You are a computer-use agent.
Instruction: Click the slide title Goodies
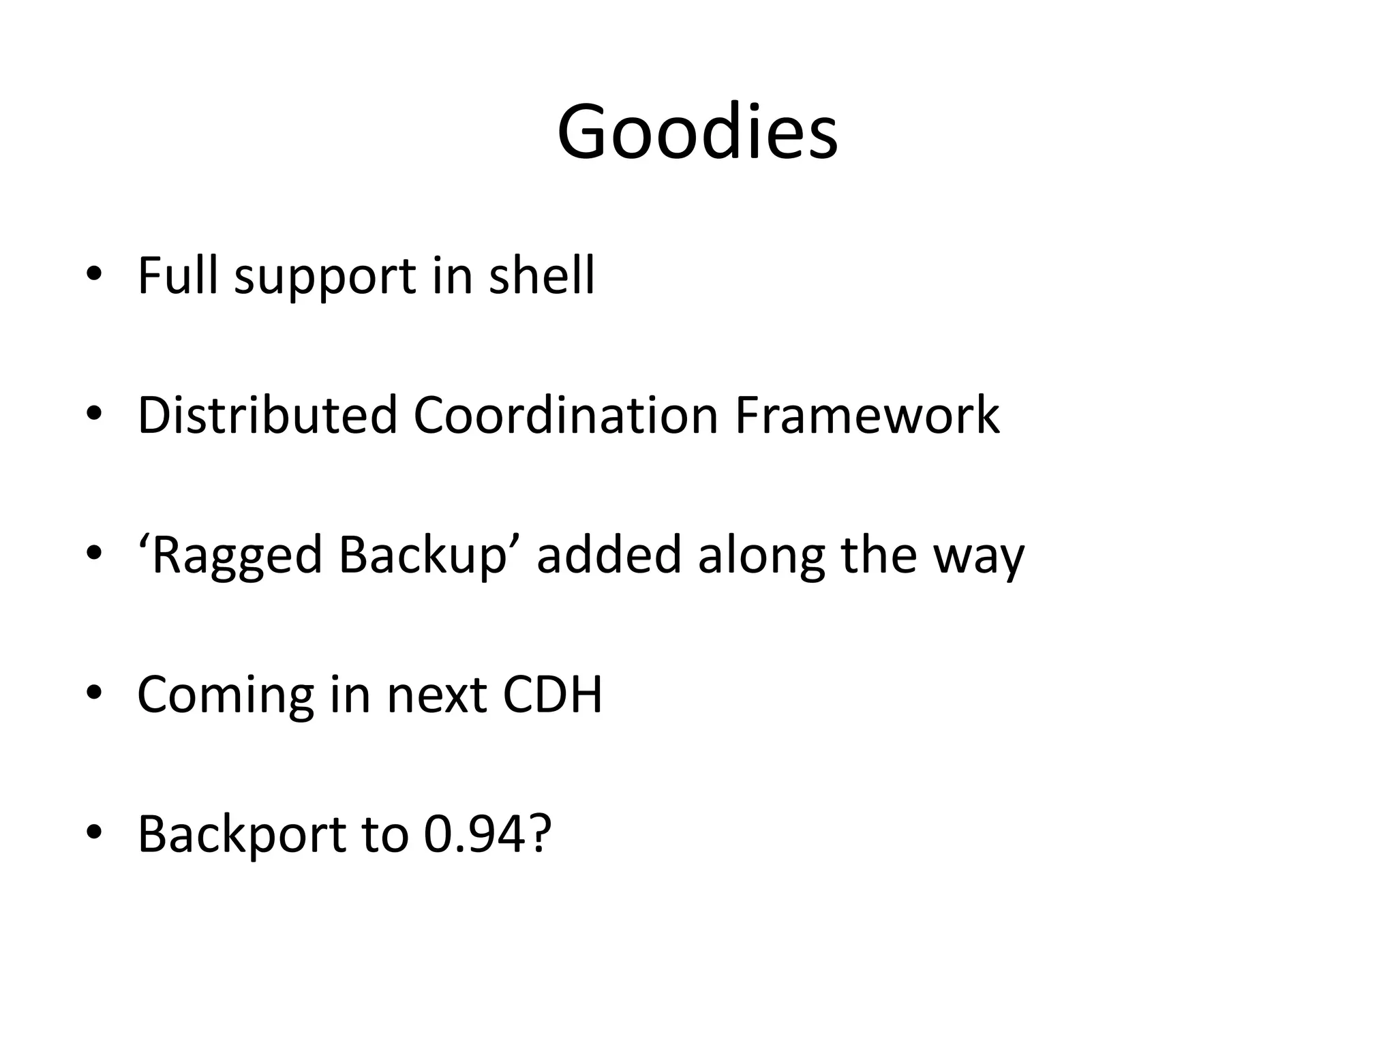[x=697, y=132]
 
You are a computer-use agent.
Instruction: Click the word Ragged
[x=236, y=556]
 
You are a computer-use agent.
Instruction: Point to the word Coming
[x=226, y=695]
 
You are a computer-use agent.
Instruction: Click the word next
[x=437, y=695]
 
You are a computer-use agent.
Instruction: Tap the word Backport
[x=242, y=834]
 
